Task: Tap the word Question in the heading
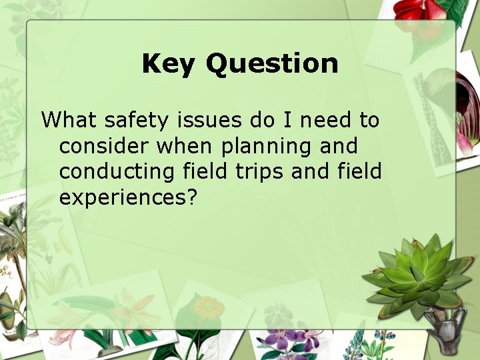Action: [x=271, y=64]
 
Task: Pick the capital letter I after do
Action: [x=288, y=121]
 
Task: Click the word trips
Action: [x=260, y=173]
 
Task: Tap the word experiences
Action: [x=121, y=198]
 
